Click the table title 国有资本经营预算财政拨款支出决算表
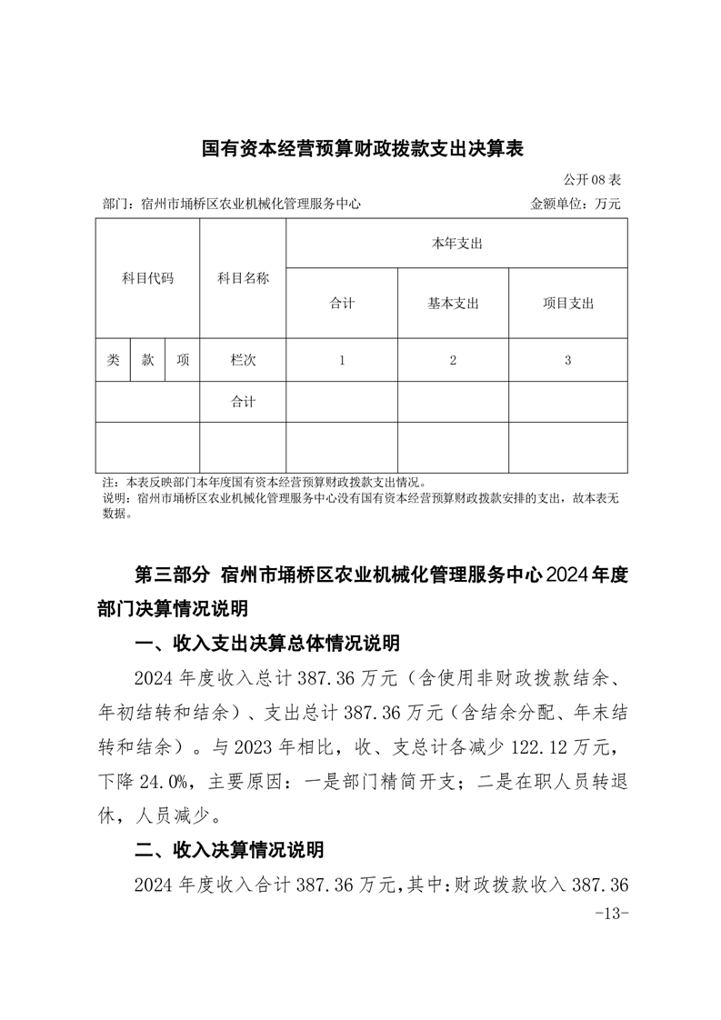click(361, 148)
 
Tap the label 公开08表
click(592, 180)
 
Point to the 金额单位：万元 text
click(576, 205)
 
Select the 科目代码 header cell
click(147, 278)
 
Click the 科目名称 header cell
click(243, 278)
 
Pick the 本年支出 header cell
click(456, 244)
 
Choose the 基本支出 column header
click(453, 304)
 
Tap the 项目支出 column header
click(567, 304)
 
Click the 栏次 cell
click(243, 360)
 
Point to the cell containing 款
click(147, 360)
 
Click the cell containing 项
click(183, 360)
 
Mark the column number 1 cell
click(342, 360)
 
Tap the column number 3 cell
click(567, 360)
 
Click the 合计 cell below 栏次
click(243, 402)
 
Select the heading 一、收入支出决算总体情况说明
click(265, 644)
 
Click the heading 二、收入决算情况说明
click(228, 851)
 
